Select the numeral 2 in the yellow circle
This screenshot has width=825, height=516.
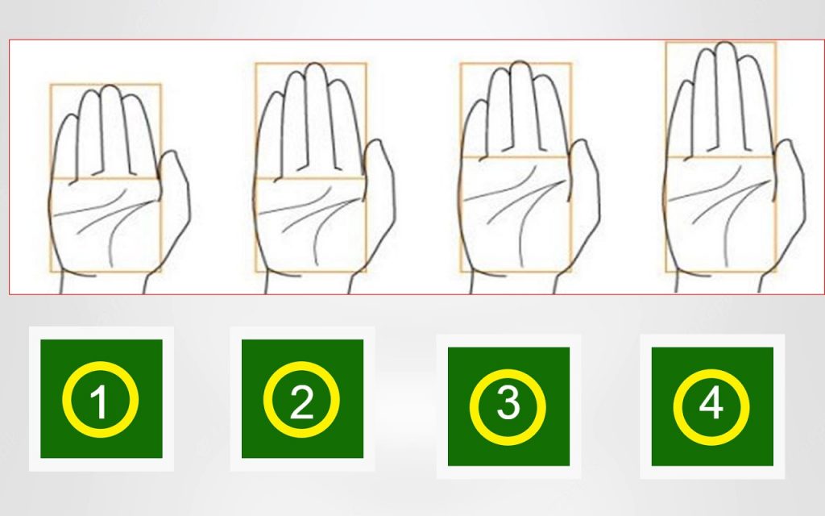(x=302, y=402)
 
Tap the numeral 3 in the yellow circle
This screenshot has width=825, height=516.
(x=508, y=403)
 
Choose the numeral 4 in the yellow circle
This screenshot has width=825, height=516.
(x=711, y=403)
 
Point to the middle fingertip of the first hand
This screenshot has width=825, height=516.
(x=108, y=91)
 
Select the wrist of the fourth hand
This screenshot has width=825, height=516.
(x=717, y=284)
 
